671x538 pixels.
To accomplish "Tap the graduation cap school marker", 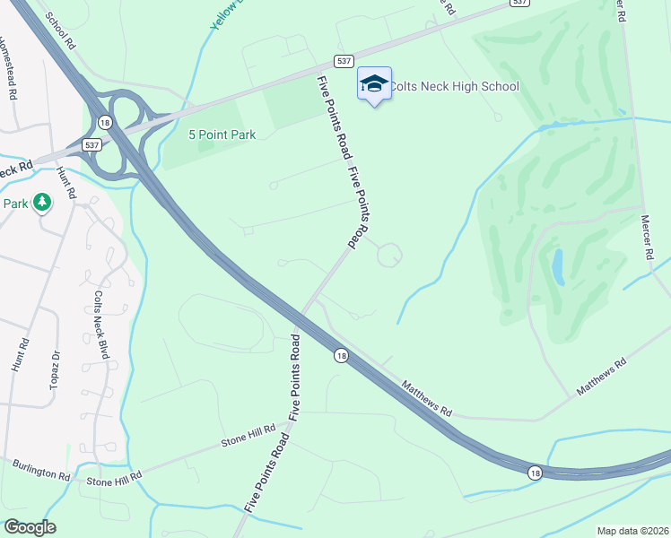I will click(x=373, y=83).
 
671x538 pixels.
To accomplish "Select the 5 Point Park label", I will click(x=222, y=135).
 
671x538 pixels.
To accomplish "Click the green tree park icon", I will click(x=41, y=203).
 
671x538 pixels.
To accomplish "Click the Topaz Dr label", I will click(x=56, y=369).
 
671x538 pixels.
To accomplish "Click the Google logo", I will click(x=30, y=527).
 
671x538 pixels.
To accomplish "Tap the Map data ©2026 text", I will click(x=632, y=531).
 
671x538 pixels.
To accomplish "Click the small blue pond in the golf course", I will click(x=558, y=267).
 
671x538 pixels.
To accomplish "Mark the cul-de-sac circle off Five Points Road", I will click(x=388, y=256).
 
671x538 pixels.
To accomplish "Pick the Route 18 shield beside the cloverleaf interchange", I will click(x=106, y=122).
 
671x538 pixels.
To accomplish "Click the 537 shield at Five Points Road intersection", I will click(x=343, y=60).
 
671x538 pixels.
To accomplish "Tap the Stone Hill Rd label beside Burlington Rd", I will click(x=114, y=481).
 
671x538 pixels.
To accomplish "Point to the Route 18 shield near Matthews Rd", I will click(x=341, y=356).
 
